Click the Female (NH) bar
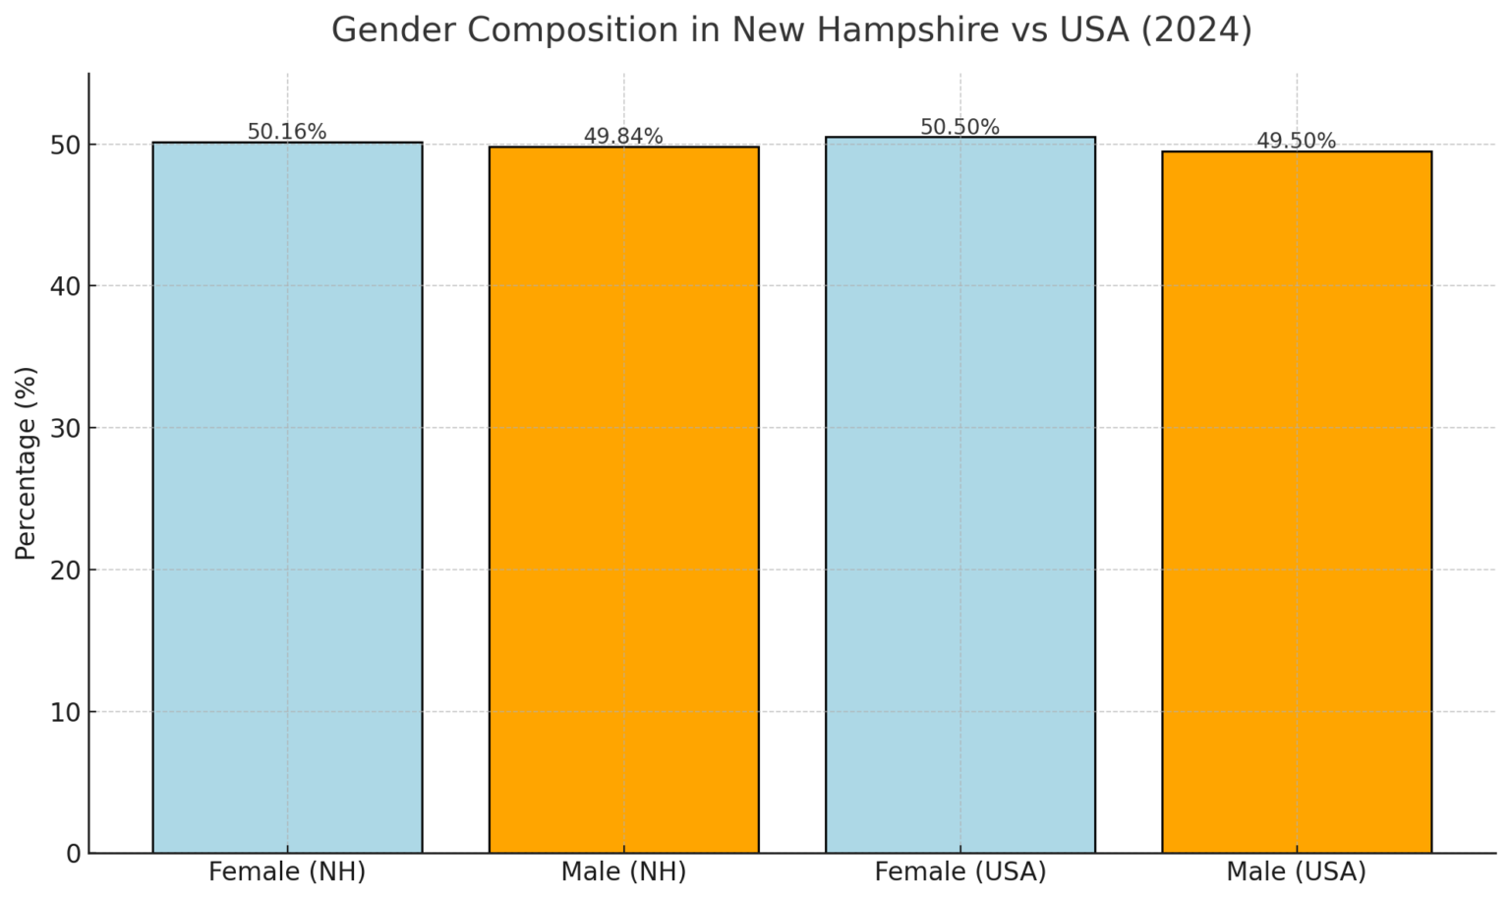click(x=287, y=497)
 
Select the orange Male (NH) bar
click(x=623, y=499)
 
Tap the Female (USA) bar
click(x=959, y=494)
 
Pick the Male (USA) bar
click(x=1296, y=502)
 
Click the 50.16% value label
click(x=287, y=132)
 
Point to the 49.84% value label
click(x=623, y=137)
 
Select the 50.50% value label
click(x=959, y=127)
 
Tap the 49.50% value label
click(x=1296, y=142)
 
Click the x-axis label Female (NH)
click(x=287, y=871)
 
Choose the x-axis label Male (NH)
click(x=623, y=871)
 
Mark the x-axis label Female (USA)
click(x=959, y=871)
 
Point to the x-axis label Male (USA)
click(x=1296, y=871)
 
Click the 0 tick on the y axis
click(x=74, y=854)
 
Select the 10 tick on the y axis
click(x=66, y=712)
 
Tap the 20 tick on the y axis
click(x=66, y=571)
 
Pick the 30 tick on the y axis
click(x=66, y=428)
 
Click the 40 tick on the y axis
click(x=66, y=286)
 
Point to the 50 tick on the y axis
click(x=66, y=145)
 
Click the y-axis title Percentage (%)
click(x=27, y=463)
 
